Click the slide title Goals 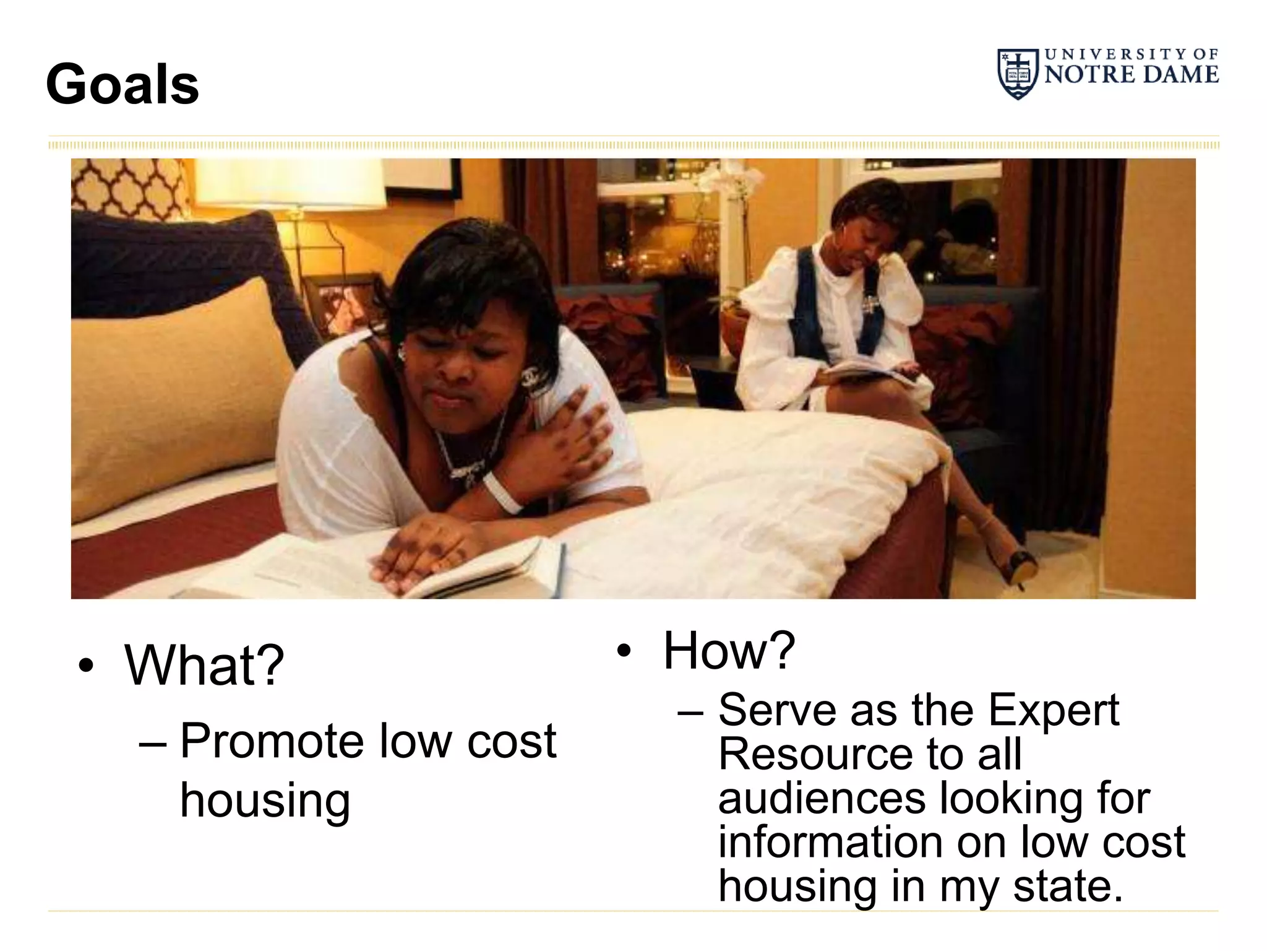(122, 85)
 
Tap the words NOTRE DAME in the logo (1132, 76)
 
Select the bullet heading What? (204, 666)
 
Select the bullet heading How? (729, 651)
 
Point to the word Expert (1053, 710)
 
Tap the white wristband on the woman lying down (502, 492)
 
